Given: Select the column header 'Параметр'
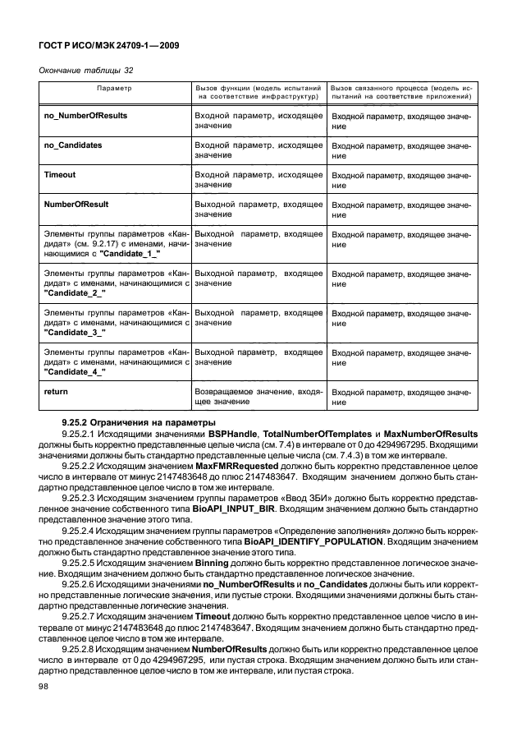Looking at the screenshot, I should point(114,86).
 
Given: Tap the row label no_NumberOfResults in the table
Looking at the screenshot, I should point(85,116).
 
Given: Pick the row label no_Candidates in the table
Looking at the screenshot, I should point(72,145).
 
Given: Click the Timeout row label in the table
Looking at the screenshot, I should point(59,175).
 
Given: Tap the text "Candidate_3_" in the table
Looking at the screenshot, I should point(75,332).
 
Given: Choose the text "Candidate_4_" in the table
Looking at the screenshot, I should point(75,371).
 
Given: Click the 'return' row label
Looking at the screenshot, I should point(55,392).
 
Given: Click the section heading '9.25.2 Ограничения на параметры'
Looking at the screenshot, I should point(138,422).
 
